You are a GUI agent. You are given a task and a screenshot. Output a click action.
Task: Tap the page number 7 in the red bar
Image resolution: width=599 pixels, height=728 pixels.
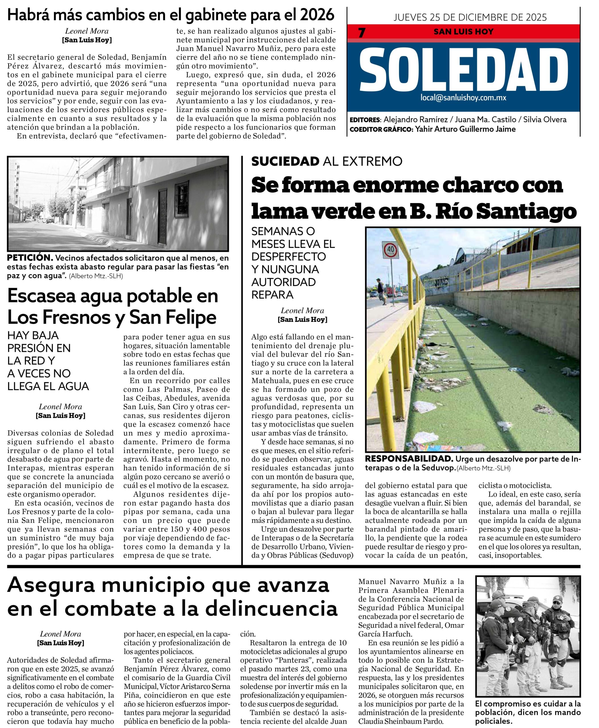[362, 33]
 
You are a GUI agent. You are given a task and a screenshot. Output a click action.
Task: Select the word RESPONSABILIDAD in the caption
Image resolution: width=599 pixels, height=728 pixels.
[409, 459]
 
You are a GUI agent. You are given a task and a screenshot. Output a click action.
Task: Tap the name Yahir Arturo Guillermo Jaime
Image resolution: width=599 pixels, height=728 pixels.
[465, 129]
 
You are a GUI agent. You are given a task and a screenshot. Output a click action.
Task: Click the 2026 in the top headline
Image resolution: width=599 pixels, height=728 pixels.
[318, 15]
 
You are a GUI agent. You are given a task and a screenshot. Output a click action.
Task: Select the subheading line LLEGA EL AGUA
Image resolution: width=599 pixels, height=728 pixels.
[48, 386]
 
